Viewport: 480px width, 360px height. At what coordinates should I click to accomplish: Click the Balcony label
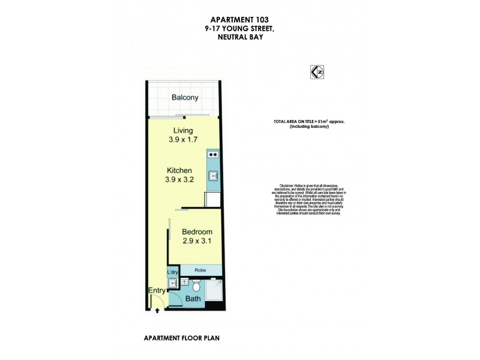click(x=184, y=98)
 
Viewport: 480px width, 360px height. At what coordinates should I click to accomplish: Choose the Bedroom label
click(x=197, y=232)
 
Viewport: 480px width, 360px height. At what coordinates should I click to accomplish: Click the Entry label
click(x=157, y=291)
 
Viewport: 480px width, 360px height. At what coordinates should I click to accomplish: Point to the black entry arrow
click(x=157, y=310)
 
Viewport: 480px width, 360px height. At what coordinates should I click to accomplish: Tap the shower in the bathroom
click(x=214, y=292)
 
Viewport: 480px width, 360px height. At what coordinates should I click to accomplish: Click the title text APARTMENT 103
click(x=239, y=19)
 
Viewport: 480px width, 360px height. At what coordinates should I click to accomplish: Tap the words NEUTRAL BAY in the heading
click(x=239, y=37)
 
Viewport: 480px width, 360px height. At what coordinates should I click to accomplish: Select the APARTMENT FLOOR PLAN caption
click(x=181, y=338)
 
